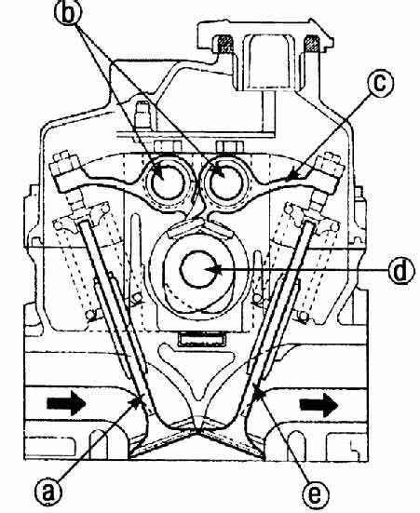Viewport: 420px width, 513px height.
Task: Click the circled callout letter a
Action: [x=49, y=492]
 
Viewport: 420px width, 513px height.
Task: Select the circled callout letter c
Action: [x=380, y=83]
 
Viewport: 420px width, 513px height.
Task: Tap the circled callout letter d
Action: [x=400, y=271]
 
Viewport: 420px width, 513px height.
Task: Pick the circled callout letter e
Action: [x=315, y=494]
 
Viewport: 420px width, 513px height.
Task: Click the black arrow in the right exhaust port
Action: [x=318, y=405]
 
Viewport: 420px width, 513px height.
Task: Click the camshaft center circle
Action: [x=198, y=270]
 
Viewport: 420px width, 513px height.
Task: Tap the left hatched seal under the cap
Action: [x=224, y=44]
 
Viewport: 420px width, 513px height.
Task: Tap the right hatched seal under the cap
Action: [x=312, y=44]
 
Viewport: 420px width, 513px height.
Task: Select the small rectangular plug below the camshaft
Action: [x=201, y=340]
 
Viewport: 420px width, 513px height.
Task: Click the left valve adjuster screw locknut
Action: [x=66, y=169]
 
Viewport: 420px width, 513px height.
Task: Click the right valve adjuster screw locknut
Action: [x=329, y=169]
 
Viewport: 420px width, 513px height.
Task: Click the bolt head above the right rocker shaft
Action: [x=230, y=146]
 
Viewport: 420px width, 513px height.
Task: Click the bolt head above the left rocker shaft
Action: [x=168, y=146]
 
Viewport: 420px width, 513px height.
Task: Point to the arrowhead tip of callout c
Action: [x=286, y=180]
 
